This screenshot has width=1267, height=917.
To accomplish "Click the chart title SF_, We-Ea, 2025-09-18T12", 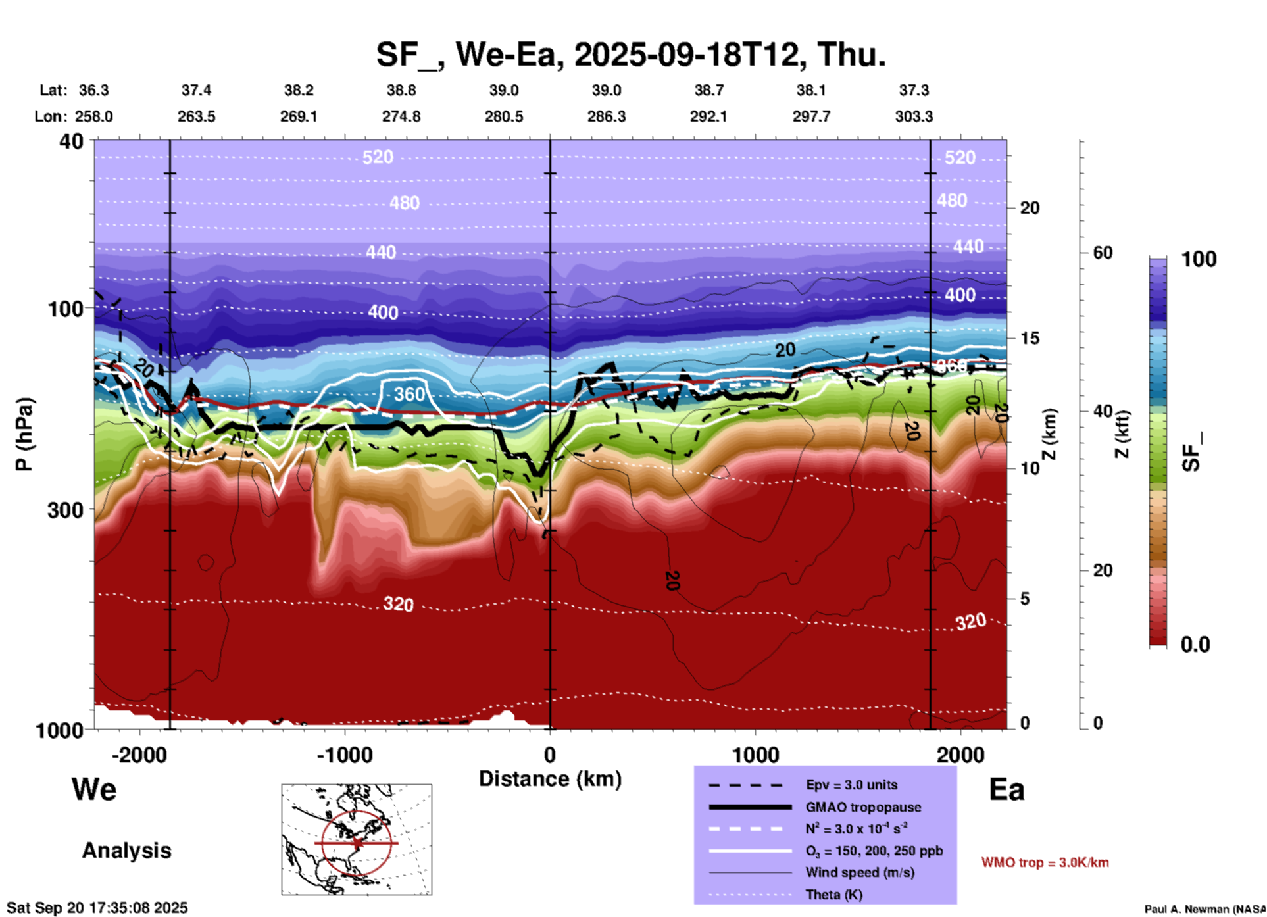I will (x=630, y=54).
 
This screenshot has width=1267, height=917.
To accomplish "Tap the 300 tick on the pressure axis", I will (x=65, y=510).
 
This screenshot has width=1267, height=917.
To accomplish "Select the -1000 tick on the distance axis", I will (x=344, y=755).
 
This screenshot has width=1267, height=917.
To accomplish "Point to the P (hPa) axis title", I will (x=24, y=434).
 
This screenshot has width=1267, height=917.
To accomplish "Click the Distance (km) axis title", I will (x=550, y=779).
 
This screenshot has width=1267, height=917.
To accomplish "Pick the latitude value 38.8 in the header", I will (x=401, y=90).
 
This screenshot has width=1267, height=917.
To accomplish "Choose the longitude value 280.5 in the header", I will (x=504, y=116).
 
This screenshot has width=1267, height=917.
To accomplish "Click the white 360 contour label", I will (x=409, y=394).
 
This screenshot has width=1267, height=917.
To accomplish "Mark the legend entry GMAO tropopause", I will (x=863, y=807).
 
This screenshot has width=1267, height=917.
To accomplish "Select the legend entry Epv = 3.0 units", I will (x=851, y=785).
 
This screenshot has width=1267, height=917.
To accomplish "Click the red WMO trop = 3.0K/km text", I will (x=1045, y=862).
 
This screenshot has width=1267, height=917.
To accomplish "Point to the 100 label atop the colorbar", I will (x=1199, y=259).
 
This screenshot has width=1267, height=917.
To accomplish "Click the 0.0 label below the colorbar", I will (x=1195, y=645).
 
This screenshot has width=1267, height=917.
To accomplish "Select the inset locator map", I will (x=357, y=839).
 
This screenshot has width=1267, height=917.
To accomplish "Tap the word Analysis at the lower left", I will (x=126, y=851).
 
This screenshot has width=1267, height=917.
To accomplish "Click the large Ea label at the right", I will (x=1006, y=790).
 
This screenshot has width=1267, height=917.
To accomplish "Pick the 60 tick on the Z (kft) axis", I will (x=1103, y=253).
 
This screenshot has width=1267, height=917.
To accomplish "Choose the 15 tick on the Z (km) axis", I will (x=1030, y=338).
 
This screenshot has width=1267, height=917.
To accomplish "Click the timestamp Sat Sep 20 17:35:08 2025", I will (x=97, y=908).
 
